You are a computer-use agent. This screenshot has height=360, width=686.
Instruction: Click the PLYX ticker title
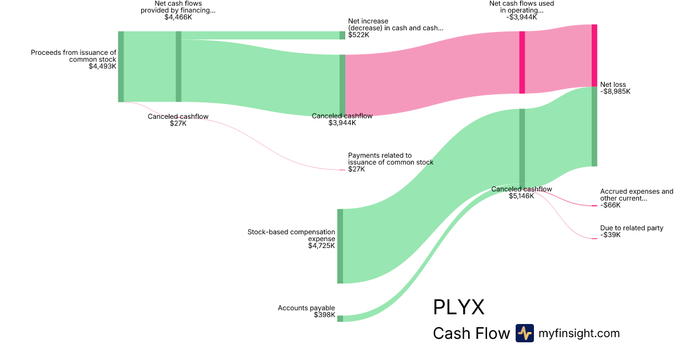[458, 307]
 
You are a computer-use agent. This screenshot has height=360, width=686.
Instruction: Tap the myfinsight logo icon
[524, 333]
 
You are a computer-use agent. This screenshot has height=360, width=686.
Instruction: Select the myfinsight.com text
[579, 333]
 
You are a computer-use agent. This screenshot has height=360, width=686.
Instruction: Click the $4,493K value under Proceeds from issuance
[102, 66]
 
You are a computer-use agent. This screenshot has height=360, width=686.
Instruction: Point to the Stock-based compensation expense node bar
[340, 246]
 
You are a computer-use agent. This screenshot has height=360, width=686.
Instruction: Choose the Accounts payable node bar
[340, 318]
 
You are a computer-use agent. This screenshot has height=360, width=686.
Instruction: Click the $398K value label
[324, 315]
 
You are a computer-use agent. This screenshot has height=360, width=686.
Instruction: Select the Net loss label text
[613, 85]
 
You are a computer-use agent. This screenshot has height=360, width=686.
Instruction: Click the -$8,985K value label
[615, 91]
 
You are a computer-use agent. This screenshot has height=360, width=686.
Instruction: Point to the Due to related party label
[632, 228]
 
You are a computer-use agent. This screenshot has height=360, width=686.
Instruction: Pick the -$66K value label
[610, 205]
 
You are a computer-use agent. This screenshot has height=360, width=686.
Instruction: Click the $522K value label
[358, 35]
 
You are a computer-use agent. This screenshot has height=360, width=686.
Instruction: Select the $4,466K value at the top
[178, 18]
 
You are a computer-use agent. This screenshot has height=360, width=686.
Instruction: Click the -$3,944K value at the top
[521, 17]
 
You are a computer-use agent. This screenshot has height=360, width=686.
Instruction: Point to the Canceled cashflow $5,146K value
[521, 196]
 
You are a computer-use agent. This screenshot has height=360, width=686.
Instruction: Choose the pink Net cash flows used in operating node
[522, 62]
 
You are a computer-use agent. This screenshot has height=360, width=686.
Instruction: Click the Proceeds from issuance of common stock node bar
[121, 66]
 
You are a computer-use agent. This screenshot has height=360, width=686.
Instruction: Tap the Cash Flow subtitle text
[471, 333]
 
